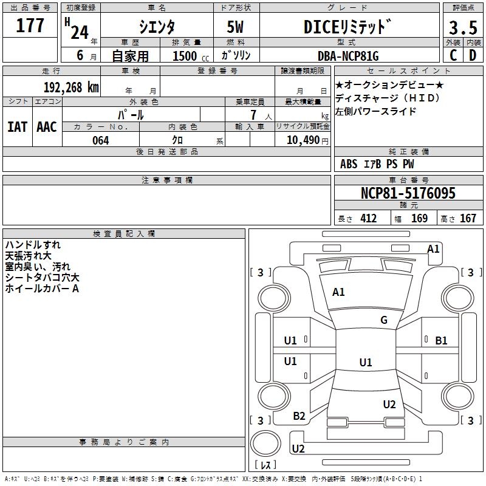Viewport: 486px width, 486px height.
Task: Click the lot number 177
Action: (30, 26)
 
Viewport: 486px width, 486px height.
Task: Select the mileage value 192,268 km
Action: (72, 87)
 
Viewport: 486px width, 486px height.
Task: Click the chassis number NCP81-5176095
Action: (408, 194)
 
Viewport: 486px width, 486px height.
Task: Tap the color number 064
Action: (100, 140)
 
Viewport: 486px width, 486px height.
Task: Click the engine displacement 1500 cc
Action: (186, 56)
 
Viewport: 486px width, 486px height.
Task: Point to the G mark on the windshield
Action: (384, 320)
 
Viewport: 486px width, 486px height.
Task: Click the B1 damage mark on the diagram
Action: (441, 341)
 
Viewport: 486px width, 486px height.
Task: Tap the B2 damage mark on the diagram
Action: (299, 416)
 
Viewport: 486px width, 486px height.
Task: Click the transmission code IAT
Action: (17, 127)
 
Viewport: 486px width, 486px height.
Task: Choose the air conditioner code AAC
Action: (47, 127)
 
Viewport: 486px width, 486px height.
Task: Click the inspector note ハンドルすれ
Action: (33, 245)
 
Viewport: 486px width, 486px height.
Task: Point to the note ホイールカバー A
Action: (42, 289)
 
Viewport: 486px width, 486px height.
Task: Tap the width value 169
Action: (419, 219)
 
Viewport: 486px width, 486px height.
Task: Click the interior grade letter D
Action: (473, 56)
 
